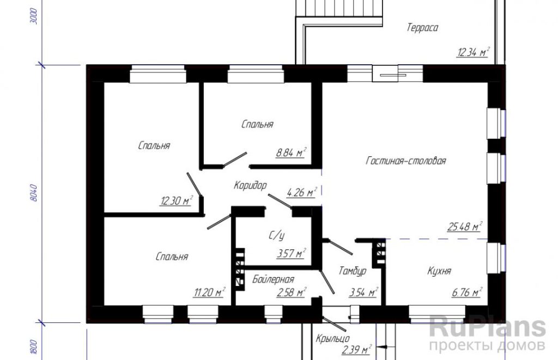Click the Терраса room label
tap(422, 28)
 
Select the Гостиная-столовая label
tap(405, 161)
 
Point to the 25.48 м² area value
tap(464, 226)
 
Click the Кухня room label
tap(439, 271)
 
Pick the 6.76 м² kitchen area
tap(467, 292)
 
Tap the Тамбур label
tap(353, 271)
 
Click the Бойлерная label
tap(274, 279)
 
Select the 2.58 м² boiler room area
tap(292, 292)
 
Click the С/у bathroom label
tap(276, 235)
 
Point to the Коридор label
tap(250, 185)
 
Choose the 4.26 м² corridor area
tap(301, 192)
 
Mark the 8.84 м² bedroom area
tap(291, 153)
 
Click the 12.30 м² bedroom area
tap(176, 200)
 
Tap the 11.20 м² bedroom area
tap(209, 292)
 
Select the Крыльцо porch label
tap(333, 338)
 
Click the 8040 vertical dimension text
tap(34, 193)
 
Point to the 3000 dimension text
tap(34, 16)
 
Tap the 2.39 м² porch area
tap(357, 350)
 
